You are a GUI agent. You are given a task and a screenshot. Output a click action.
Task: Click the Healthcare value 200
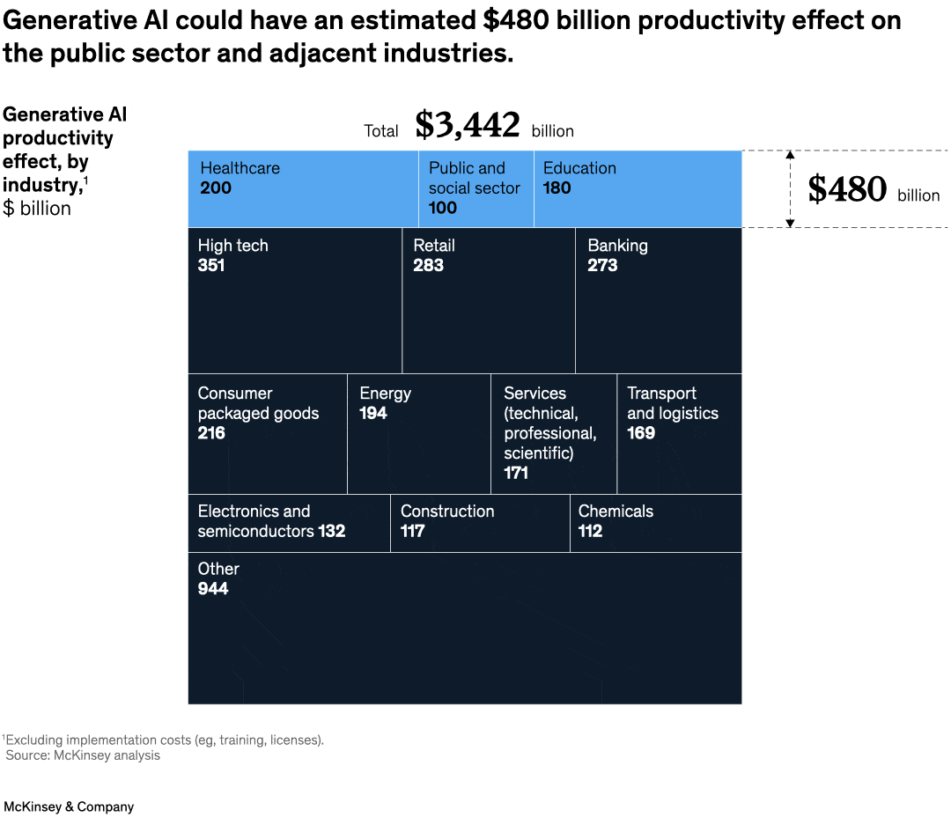[x=216, y=188]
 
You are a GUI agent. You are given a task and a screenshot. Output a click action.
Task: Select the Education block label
[x=579, y=168]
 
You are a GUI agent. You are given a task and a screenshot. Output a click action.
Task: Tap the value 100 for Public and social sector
[x=443, y=208]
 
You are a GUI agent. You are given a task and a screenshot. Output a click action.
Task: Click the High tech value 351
[x=211, y=265]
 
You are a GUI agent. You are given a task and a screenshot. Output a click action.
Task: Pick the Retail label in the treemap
[x=434, y=246]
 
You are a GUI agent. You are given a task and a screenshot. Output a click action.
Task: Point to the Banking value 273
[x=602, y=265]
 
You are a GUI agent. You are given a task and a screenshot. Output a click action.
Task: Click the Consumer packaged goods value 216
[x=211, y=433]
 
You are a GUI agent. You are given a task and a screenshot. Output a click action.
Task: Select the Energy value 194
[x=373, y=413]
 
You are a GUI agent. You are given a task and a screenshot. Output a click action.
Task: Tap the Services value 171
[x=516, y=473]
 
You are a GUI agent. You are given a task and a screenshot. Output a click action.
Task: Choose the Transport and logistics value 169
[x=641, y=433]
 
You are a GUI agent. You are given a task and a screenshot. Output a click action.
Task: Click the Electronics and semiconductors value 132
[x=332, y=531]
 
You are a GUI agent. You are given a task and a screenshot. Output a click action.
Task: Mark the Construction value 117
[x=413, y=531]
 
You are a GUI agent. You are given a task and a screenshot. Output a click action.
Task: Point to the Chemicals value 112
[x=591, y=531]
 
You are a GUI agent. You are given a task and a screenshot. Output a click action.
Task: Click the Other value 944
[x=213, y=588]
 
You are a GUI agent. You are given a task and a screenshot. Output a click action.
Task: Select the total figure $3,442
[x=468, y=126]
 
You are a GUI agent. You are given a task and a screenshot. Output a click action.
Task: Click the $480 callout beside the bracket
[x=847, y=190]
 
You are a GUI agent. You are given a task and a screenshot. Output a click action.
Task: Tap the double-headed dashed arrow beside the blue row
[x=790, y=189]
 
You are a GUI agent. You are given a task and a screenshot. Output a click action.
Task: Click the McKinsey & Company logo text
[x=69, y=806]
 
